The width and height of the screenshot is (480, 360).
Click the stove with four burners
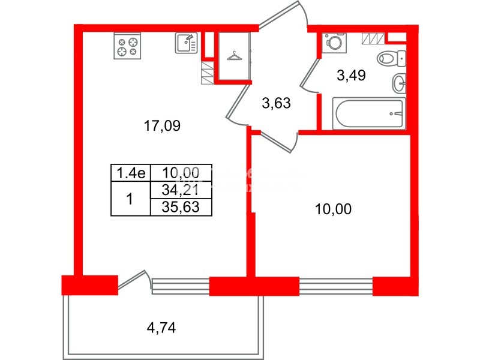[127, 46]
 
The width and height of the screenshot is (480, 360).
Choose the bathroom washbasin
[399, 83]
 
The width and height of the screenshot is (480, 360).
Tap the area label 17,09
[161, 126]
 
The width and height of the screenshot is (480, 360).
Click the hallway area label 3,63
[277, 103]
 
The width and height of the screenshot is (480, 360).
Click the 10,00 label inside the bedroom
[333, 209]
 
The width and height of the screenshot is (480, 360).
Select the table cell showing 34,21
[181, 191]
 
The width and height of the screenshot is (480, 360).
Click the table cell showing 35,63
[181, 207]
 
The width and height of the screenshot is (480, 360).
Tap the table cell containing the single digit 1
[129, 199]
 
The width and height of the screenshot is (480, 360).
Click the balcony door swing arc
[134, 280]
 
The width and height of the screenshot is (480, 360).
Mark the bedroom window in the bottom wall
[336, 285]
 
